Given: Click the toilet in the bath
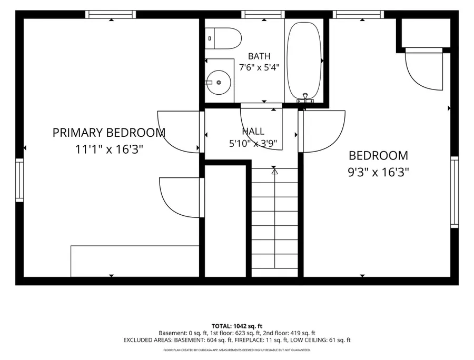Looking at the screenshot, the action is [223, 38].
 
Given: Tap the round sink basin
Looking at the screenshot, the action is [219, 82].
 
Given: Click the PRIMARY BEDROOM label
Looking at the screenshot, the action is [109, 133].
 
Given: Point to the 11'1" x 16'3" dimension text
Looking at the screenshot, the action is [109, 149].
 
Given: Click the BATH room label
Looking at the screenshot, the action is [259, 56].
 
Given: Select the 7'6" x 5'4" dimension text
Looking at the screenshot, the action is [259, 67].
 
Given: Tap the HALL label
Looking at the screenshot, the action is [253, 131].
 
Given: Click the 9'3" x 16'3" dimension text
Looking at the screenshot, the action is [379, 173].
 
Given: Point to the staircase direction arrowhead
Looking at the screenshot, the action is [274, 172].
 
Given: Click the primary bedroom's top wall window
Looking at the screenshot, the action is [111, 14].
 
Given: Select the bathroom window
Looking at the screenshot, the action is [263, 14].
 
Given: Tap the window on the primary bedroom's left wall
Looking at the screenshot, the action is [19, 180].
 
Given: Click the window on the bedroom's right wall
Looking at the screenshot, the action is [455, 192].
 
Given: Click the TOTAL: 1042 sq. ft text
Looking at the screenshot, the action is [237, 326].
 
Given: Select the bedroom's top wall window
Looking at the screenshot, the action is [358, 14].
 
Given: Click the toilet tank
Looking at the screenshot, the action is [210, 38].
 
